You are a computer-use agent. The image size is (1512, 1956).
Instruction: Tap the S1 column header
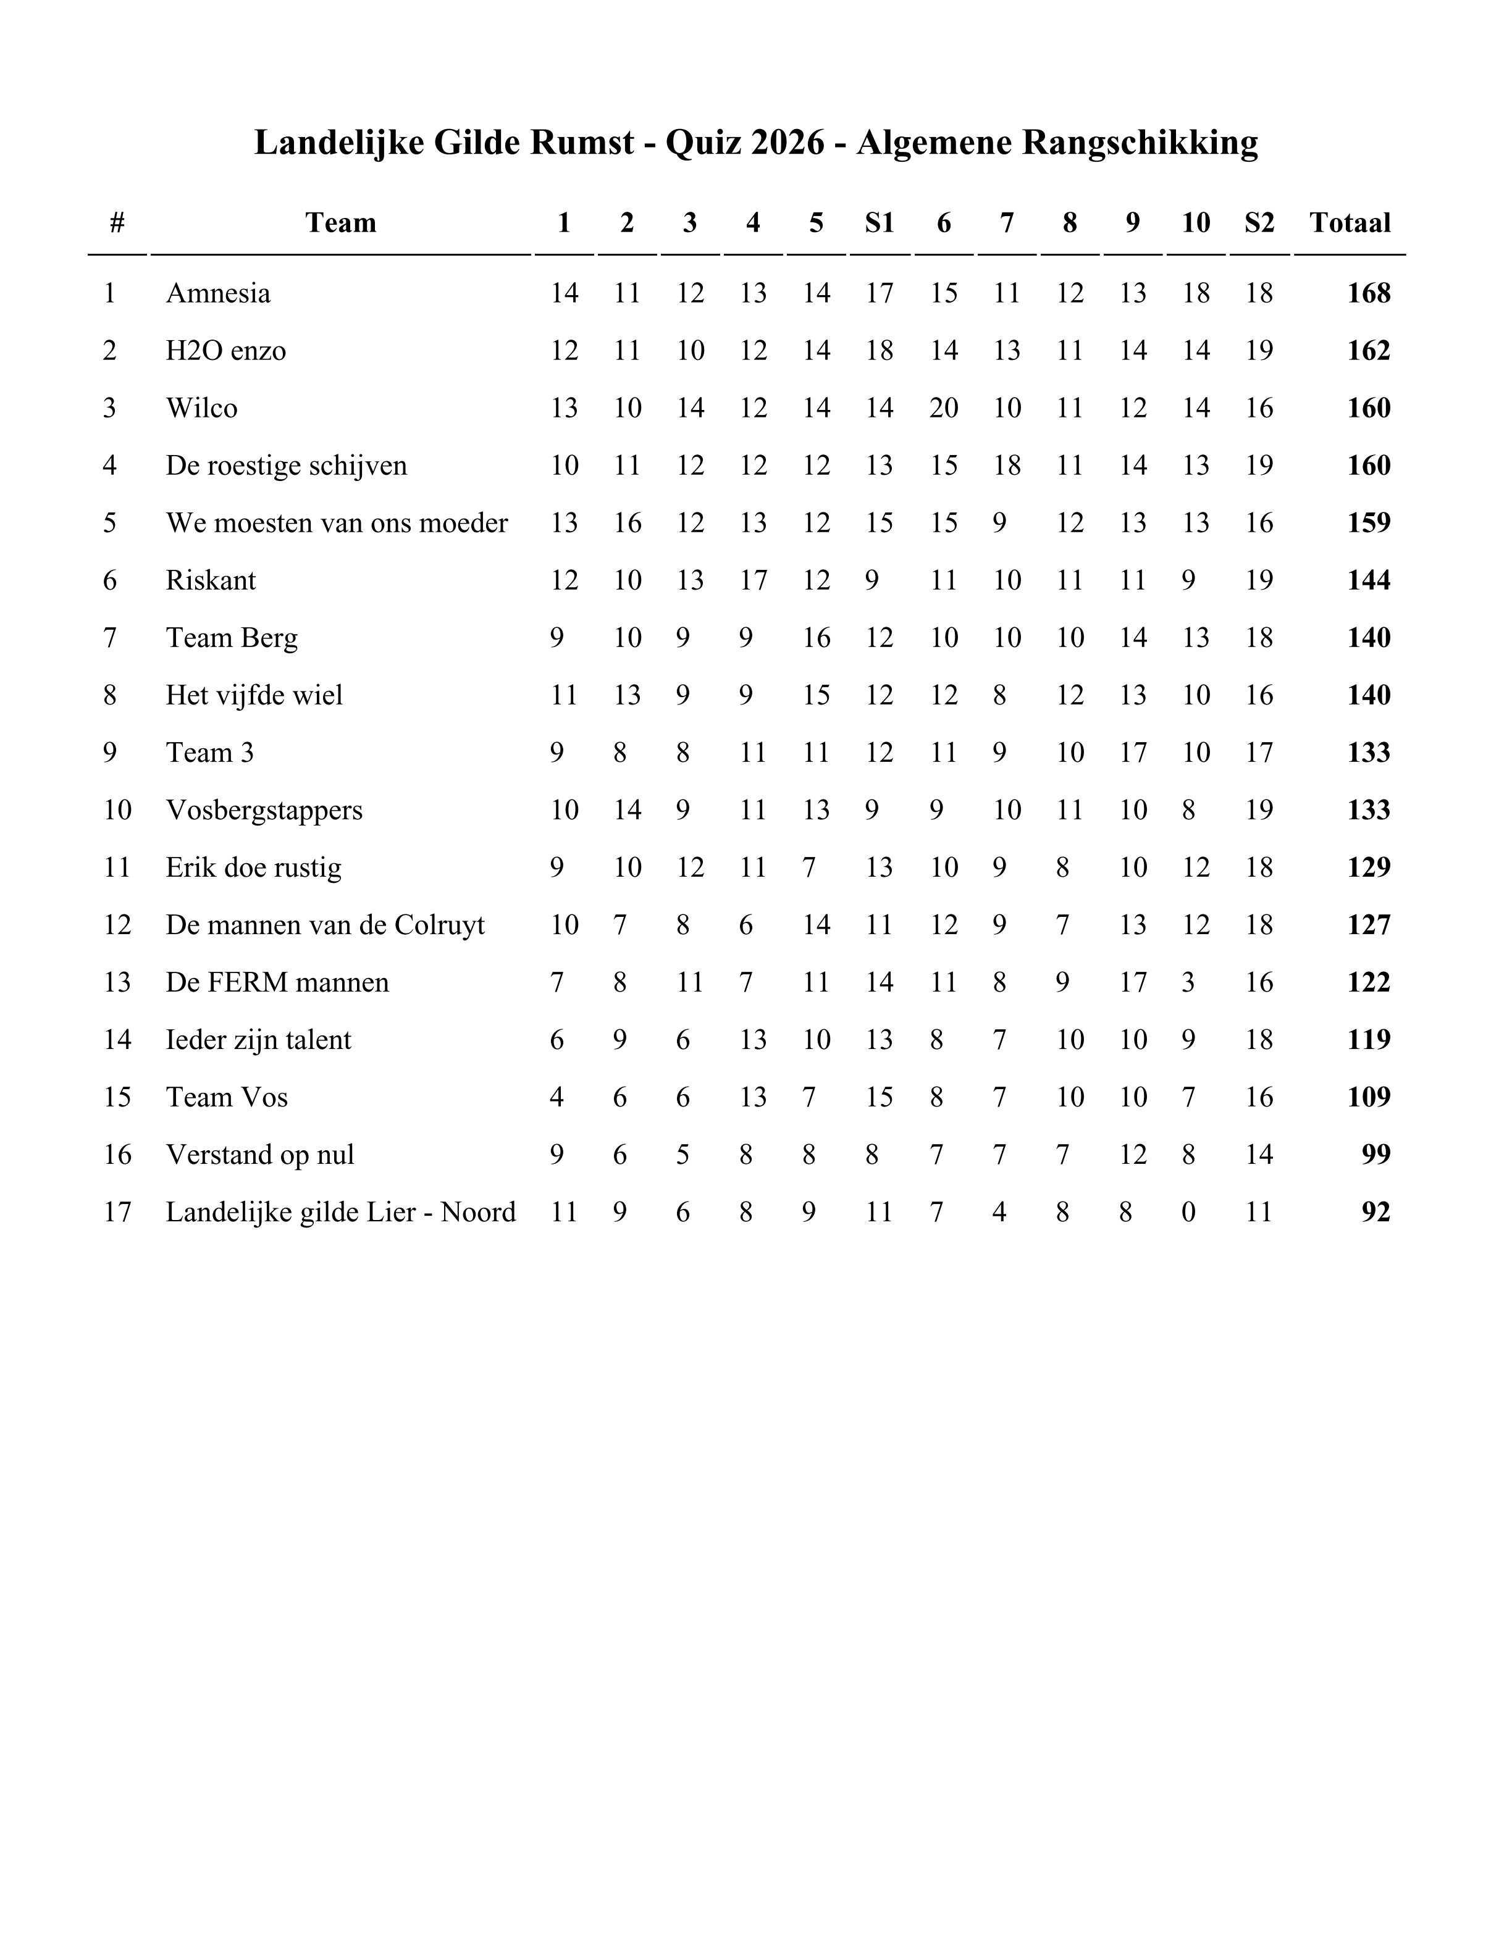click(x=879, y=223)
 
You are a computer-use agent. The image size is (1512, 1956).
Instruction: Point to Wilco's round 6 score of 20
click(x=943, y=408)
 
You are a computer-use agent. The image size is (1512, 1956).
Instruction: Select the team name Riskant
click(x=211, y=580)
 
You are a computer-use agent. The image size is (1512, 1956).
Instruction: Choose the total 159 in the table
click(x=1368, y=523)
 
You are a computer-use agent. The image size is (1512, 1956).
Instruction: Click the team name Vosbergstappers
click(x=264, y=811)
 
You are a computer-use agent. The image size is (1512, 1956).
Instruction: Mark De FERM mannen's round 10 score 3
click(x=1188, y=982)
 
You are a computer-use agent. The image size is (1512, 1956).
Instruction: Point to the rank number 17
click(x=117, y=1213)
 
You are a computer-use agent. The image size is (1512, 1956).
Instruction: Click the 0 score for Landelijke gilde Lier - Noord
click(x=1188, y=1213)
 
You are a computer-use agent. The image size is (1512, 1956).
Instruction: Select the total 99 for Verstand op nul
click(x=1375, y=1155)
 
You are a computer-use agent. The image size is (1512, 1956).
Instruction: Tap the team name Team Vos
click(x=227, y=1098)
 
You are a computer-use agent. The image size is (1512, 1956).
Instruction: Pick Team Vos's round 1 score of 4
click(x=556, y=1098)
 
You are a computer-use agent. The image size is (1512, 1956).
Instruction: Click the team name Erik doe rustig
click(x=253, y=868)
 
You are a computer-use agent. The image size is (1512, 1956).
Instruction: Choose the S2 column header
click(x=1259, y=223)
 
